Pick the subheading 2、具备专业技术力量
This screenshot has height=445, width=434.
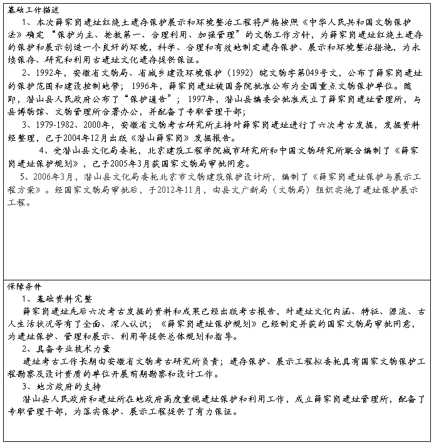(x=66, y=349)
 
